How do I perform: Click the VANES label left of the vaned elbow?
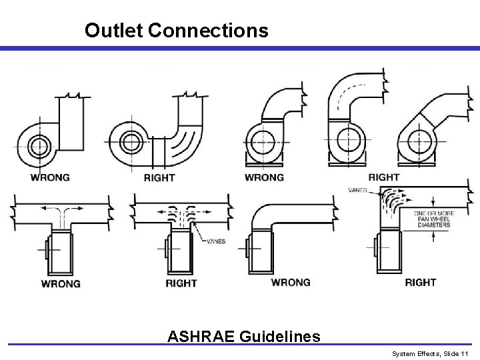357,191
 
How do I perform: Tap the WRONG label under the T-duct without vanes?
61,283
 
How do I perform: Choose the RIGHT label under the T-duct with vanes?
181,283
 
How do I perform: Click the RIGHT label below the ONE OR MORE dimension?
421,282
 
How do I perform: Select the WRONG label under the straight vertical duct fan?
51,177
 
